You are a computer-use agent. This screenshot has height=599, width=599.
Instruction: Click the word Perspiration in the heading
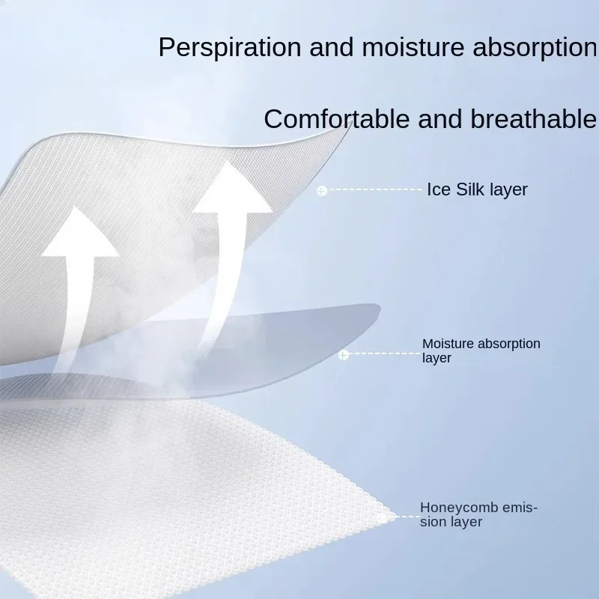pos(230,47)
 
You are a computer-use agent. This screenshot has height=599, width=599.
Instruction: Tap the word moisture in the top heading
pos(413,46)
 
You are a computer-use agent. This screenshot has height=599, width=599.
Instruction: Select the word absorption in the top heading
pos(535,47)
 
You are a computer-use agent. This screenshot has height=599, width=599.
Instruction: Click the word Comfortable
pos(336,118)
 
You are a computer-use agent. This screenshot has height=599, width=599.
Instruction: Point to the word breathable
pos(533,118)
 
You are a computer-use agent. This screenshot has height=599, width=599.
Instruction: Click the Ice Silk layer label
pos(477,189)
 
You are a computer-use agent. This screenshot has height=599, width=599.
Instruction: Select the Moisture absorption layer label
pos(481,350)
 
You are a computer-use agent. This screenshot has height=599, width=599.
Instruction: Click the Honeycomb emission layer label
pos(478,514)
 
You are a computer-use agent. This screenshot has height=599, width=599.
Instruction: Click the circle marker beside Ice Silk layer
pos(322,190)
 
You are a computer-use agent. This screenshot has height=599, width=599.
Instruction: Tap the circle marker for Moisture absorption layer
pos(344,355)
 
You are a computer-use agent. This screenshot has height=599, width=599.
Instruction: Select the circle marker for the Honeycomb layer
pos(383,517)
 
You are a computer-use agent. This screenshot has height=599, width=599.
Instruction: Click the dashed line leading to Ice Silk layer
pos(374,189)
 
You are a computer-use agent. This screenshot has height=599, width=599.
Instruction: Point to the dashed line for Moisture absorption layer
pos(384,353)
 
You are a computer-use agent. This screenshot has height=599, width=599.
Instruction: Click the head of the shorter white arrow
pos(79,233)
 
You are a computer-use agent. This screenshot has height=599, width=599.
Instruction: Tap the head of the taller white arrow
pos(231,188)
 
